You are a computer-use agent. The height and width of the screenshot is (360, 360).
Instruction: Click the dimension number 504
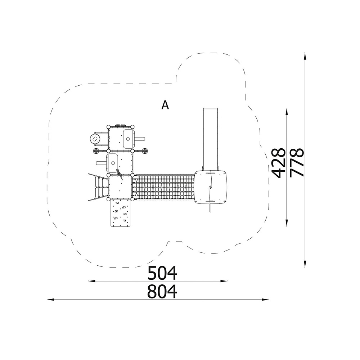click(x=162, y=273)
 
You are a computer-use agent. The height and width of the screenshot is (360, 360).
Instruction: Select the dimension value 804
click(x=162, y=291)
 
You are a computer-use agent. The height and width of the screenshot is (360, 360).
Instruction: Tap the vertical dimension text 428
click(x=278, y=163)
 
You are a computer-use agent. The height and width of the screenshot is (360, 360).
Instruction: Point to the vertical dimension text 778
click(x=297, y=163)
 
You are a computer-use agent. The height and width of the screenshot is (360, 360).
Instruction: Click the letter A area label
click(x=165, y=105)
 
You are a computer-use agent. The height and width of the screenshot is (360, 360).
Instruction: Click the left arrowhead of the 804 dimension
click(x=50, y=300)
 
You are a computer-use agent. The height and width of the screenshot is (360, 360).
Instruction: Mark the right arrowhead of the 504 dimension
click(x=224, y=281)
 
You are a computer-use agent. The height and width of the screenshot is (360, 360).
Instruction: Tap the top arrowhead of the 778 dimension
click(x=305, y=57)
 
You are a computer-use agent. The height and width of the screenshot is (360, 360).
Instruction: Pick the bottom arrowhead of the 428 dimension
click(x=287, y=223)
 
